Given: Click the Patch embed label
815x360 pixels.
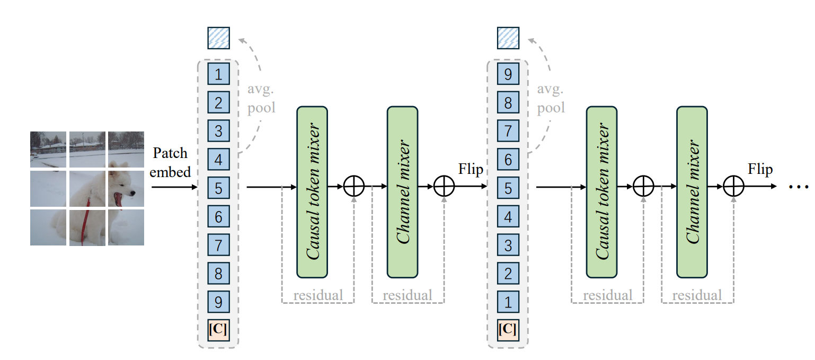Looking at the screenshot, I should click(x=170, y=162).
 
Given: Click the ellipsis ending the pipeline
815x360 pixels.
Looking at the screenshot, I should click(x=798, y=187).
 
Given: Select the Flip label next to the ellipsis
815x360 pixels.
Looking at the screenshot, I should click(x=760, y=170).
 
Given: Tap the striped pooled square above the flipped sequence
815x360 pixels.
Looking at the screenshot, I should click(x=508, y=38).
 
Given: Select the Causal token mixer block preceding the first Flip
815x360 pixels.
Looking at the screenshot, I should click(x=312, y=191).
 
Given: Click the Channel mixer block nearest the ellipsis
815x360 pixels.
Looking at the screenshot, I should click(x=692, y=191).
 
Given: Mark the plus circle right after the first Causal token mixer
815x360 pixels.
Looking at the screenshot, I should click(x=354, y=187).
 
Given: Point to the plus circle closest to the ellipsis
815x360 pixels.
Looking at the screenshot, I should click(x=734, y=187).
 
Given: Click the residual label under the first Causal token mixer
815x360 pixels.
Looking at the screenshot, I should click(x=318, y=295).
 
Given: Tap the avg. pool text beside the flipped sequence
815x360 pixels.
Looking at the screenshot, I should click(x=551, y=98).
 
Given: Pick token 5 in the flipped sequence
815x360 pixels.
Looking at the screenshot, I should click(x=508, y=188).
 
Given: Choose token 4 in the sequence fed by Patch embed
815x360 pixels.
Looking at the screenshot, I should click(x=218, y=159).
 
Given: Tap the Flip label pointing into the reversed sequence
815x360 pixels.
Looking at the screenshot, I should click(x=471, y=170).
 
